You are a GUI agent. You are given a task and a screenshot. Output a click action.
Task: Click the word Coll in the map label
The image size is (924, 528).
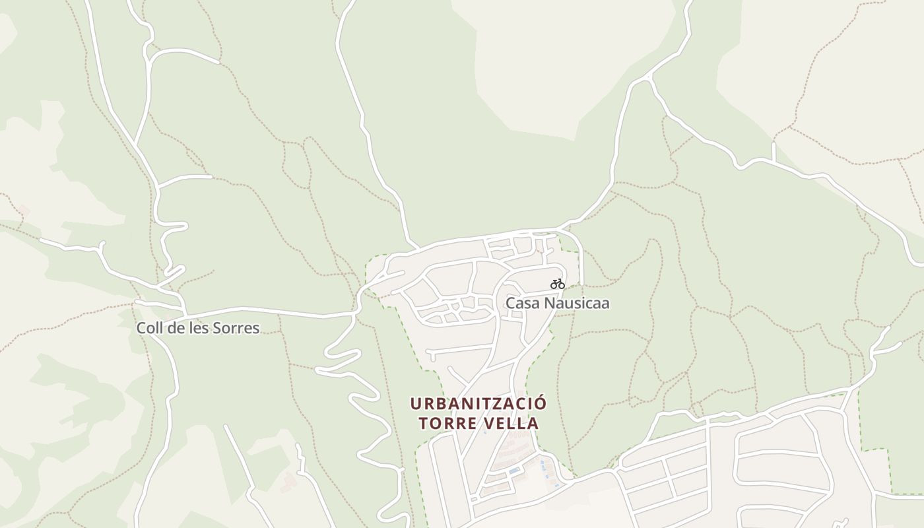pyautogui.click(x=148, y=328)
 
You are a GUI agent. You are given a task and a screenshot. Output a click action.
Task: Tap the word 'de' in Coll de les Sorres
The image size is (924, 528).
pyautogui.click(x=176, y=328)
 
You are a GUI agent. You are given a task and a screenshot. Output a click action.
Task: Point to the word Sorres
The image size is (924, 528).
pyautogui.click(x=236, y=328)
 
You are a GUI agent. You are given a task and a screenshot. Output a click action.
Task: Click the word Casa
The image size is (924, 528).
pyautogui.click(x=518, y=304)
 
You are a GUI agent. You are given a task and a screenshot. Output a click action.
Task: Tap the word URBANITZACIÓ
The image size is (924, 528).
pyautogui.click(x=478, y=403)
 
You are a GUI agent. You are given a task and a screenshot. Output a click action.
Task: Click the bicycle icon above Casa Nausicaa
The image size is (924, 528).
pyautogui.click(x=558, y=284)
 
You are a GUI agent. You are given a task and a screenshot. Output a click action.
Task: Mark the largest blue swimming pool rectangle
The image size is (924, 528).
pyautogui.click(x=513, y=471)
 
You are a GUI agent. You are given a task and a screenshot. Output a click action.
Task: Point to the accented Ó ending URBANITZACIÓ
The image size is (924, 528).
pyautogui.click(x=541, y=403)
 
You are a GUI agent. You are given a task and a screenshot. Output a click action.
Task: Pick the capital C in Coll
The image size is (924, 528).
pyautogui.click(x=141, y=328)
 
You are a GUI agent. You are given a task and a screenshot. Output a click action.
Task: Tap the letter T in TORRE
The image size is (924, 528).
pyautogui.click(x=424, y=423)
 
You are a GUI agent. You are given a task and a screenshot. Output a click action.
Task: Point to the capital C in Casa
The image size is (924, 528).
pyautogui.click(x=510, y=304)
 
